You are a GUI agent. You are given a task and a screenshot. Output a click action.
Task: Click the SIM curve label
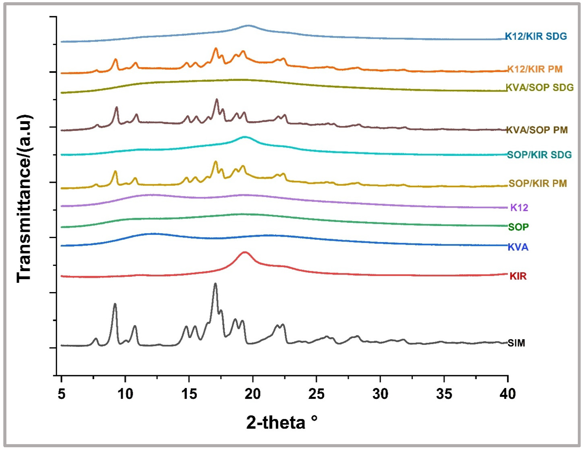click(x=516, y=343)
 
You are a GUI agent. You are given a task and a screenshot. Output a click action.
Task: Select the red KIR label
click(x=518, y=276)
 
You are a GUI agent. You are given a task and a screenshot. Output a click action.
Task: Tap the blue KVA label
click(x=518, y=247)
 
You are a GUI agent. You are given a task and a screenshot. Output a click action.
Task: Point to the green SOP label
click(x=518, y=227)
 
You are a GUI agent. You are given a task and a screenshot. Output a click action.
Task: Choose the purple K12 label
click(x=519, y=207)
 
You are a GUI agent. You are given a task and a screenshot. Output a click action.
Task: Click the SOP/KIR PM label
click(x=537, y=183)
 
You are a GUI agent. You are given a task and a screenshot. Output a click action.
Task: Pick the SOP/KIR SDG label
click(x=539, y=155)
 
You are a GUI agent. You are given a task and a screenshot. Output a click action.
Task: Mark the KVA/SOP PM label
click(x=537, y=130)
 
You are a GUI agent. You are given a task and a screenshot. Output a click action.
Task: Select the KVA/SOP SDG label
click(x=540, y=87)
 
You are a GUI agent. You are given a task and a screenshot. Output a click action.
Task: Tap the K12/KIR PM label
click(x=535, y=69)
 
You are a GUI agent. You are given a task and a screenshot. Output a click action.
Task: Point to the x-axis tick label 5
click(x=61, y=394)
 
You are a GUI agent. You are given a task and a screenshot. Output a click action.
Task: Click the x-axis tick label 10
click(x=125, y=394)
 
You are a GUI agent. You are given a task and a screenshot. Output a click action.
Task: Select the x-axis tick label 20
click(x=253, y=394)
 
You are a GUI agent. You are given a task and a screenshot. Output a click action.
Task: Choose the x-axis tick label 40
click(x=508, y=394)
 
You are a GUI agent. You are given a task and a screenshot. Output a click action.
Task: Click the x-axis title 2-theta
click(x=281, y=422)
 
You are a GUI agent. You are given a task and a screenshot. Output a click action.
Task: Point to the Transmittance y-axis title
click(x=24, y=198)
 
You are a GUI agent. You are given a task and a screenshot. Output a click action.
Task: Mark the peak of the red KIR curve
click(x=245, y=252)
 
